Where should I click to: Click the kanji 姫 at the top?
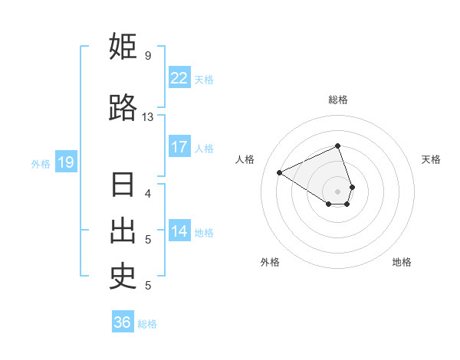click(123, 47)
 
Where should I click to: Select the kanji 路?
click(123, 108)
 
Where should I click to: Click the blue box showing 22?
click(179, 78)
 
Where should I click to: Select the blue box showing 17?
click(179, 147)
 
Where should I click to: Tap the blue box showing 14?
click(179, 231)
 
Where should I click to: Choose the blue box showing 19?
click(65, 162)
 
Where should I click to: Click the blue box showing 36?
click(122, 322)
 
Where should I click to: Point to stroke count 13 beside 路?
click(147, 117)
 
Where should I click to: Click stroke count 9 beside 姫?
click(147, 56)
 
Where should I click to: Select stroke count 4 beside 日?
click(147, 193)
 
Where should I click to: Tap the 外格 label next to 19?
click(41, 163)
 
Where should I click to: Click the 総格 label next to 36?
click(147, 324)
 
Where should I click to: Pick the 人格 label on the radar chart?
click(245, 159)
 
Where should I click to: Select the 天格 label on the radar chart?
click(431, 159)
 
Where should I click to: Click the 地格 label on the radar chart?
click(402, 262)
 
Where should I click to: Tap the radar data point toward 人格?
click(280, 173)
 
